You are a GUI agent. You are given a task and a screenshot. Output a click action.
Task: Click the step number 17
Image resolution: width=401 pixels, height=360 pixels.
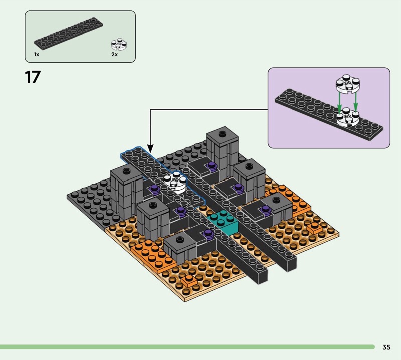coord(33,77)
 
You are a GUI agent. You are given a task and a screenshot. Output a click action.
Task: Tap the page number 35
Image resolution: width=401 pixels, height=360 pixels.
coord(386,347)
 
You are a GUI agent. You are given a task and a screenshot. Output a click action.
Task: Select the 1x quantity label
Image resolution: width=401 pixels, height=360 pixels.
coord(36,54)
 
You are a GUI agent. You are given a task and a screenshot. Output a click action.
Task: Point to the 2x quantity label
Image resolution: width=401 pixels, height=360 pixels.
coord(114,54)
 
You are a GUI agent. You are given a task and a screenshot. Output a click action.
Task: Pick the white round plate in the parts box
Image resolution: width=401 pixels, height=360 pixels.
coord(119,45)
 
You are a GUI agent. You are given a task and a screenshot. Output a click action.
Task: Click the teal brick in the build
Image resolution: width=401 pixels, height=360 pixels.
coord(223,221)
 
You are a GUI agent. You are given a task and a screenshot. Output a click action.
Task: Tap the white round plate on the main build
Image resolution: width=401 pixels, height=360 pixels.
coord(175,182)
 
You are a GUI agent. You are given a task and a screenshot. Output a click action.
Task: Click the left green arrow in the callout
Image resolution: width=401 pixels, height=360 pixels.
coord(339,103)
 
